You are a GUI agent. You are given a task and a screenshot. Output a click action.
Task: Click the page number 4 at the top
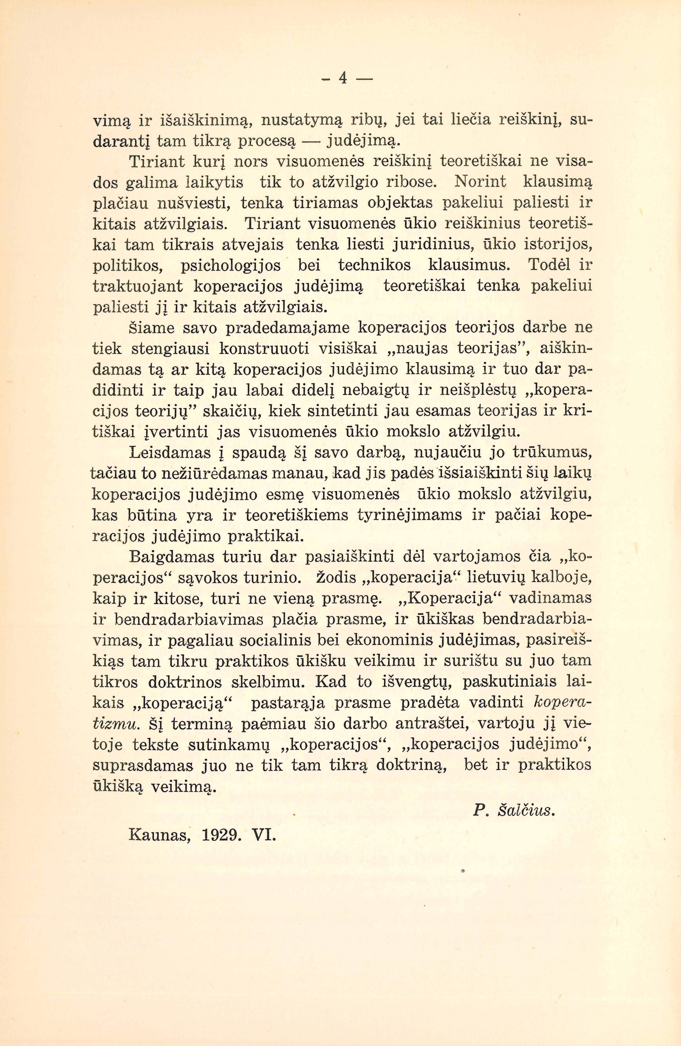(343, 78)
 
